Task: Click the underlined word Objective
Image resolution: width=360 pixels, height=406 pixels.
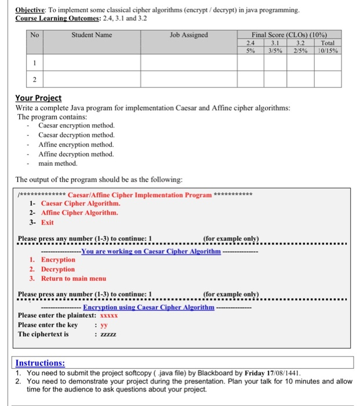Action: tap(30, 10)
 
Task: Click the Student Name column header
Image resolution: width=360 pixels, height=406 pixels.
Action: tap(92, 35)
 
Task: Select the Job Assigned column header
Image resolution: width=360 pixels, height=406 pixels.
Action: tap(189, 35)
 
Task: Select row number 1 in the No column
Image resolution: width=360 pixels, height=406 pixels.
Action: tap(35, 63)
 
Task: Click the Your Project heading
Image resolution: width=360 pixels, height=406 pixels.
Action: tap(38, 98)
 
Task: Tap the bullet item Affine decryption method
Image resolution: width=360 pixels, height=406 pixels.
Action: tap(76, 154)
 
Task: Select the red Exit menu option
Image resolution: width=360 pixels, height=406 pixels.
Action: tap(47, 222)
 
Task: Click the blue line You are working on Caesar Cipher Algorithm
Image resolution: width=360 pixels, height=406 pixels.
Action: tap(151, 251)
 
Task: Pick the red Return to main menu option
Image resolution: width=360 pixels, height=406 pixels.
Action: tap(74, 278)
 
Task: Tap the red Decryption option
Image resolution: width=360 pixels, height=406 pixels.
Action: tap(58, 269)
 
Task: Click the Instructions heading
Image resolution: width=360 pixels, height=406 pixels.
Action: tap(40, 363)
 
